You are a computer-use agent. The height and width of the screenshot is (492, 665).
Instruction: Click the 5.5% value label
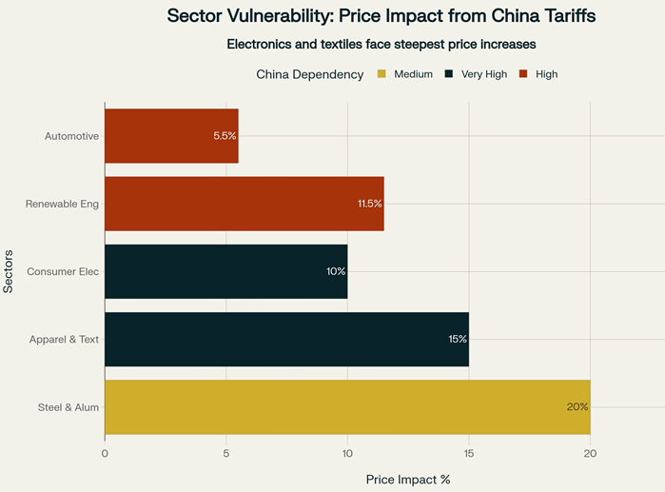click(225, 136)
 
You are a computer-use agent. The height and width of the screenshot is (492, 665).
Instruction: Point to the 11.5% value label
click(369, 204)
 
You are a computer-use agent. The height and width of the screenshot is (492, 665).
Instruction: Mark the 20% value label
click(577, 406)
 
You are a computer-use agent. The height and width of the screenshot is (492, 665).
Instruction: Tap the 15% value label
click(457, 339)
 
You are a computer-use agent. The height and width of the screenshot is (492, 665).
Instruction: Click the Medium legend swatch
click(381, 74)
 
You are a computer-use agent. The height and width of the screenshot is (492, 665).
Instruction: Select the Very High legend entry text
click(484, 74)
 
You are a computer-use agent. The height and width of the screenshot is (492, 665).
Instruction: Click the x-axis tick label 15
click(469, 454)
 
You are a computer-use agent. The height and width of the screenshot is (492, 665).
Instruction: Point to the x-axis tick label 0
click(105, 454)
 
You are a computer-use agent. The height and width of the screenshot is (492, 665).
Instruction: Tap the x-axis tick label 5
click(226, 454)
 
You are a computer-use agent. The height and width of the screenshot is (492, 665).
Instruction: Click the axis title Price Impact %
click(408, 479)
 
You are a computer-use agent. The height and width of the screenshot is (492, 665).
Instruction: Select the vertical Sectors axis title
click(9, 271)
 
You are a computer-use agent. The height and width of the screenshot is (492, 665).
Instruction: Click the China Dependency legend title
click(310, 74)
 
